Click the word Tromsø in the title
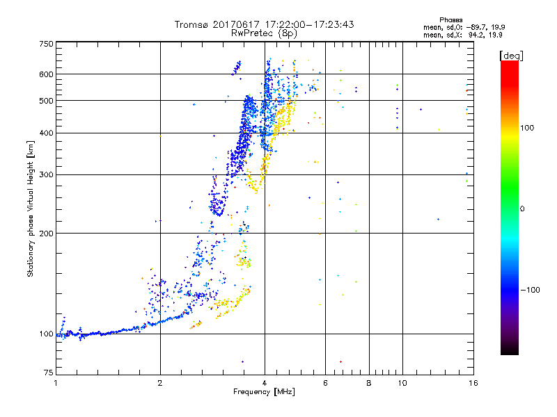click(191, 24)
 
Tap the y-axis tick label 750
click(45, 43)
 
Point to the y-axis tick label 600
click(45, 74)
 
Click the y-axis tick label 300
click(45, 174)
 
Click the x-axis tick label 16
click(472, 383)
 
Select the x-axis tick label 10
click(402, 383)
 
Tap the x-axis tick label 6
click(326, 383)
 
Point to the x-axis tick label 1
click(56, 383)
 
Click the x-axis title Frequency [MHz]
click(264, 392)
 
